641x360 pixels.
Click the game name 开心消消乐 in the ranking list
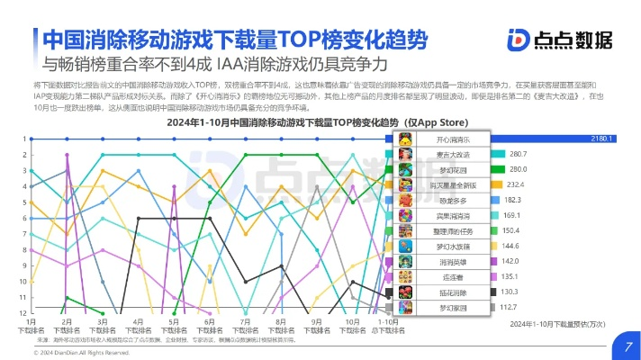coord(453,139)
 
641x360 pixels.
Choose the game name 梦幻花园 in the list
coord(453,169)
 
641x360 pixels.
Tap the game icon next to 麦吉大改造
coord(406,154)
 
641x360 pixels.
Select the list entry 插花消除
coord(453,292)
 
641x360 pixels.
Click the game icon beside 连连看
coord(406,276)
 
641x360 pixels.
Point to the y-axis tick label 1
coord(23,139)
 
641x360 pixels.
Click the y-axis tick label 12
coord(22,312)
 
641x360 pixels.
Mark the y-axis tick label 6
coord(23,218)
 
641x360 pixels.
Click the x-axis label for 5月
coord(173,325)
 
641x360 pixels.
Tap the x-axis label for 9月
coord(317,325)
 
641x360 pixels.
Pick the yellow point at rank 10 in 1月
coord(32,281)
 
